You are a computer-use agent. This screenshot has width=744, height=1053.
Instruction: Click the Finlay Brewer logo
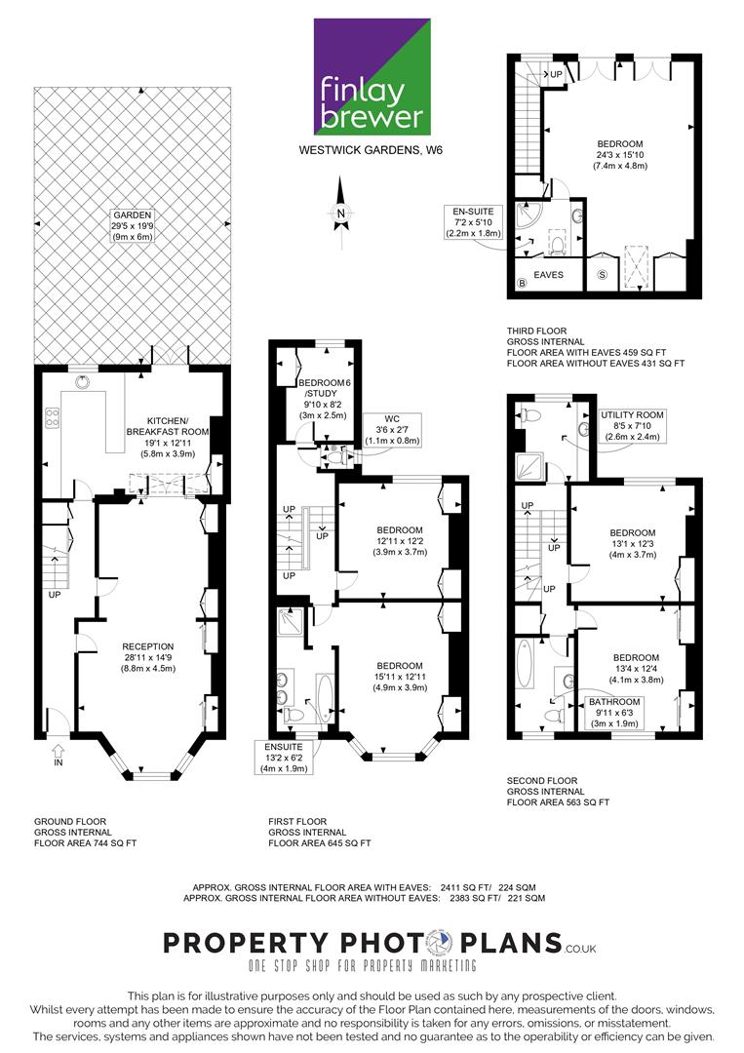click(x=372, y=77)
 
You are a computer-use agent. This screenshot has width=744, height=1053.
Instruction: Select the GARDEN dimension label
click(x=133, y=225)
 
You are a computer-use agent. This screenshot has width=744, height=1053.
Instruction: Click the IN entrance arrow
click(x=59, y=754)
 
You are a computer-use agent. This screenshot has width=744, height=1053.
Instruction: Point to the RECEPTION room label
click(x=147, y=657)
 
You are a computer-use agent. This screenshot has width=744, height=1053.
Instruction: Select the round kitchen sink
click(x=83, y=383)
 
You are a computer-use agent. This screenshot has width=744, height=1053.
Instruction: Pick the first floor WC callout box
click(x=392, y=430)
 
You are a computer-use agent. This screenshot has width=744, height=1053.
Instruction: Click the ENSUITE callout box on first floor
click(x=284, y=758)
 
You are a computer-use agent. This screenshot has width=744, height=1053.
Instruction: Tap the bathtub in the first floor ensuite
click(x=325, y=698)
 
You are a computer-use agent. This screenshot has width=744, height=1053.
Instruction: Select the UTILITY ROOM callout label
click(x=632, y=426)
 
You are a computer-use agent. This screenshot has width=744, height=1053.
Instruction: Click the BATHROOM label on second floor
click(x=614, y=713)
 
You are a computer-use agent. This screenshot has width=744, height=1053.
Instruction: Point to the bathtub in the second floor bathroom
click(x=524, y=664)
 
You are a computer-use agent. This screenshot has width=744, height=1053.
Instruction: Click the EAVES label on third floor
click(x=549, y=275)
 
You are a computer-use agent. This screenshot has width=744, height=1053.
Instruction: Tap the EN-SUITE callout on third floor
click(x=473, y=222)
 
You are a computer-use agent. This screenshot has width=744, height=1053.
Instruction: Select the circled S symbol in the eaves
click(x=603, y=275)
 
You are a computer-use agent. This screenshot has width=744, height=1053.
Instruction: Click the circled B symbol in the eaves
click(x=522, y=283)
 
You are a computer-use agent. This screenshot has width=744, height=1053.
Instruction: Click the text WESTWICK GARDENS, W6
click(x=371, y=150)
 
